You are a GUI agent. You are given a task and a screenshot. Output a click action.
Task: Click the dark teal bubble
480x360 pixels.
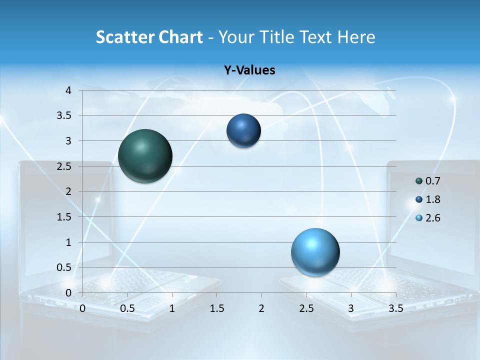click(x=145, y=156)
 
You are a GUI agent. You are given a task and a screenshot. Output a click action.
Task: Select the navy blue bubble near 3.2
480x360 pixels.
click(x=243, y=131)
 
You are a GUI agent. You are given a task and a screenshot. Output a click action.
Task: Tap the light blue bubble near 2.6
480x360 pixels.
click(x=315, y=252)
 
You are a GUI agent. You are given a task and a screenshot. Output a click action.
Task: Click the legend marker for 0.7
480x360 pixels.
click(x=419, y=181)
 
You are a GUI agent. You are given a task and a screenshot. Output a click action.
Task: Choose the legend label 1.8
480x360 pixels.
click(x=432, y=199)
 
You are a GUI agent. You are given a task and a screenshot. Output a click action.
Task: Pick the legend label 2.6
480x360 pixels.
click(x=432, y=218)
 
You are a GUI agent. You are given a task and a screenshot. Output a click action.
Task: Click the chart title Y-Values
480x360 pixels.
click(x=249, y=70)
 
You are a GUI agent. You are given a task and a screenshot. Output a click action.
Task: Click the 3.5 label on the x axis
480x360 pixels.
click(x=395, y=308)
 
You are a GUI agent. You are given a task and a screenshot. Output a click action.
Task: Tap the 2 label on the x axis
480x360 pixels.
click(x=261, y=308)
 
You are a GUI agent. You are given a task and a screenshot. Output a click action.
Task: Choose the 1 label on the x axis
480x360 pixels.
click(x=172, y=308)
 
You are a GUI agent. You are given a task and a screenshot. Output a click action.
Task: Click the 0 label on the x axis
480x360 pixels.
click(x=82, y=308)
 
